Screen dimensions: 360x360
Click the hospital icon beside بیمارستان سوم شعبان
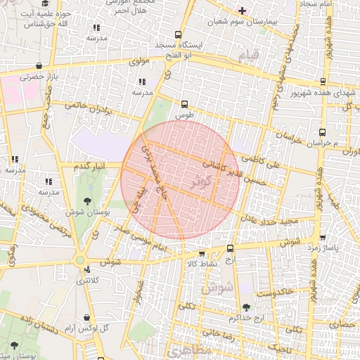(x=243, y=11)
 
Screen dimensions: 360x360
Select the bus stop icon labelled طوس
(x=185, y=103)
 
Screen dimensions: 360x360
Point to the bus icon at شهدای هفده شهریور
(x=323, y=82)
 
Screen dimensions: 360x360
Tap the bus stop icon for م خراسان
(x=322, y=131)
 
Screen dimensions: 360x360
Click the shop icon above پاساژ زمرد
(x=322, y=238)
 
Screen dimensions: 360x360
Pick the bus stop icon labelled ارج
(x=230, y=249)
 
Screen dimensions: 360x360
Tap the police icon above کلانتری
(x=86, y=269)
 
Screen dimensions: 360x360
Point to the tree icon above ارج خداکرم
(x=246, y=307)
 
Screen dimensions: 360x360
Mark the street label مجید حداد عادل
(x=271, y=220)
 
